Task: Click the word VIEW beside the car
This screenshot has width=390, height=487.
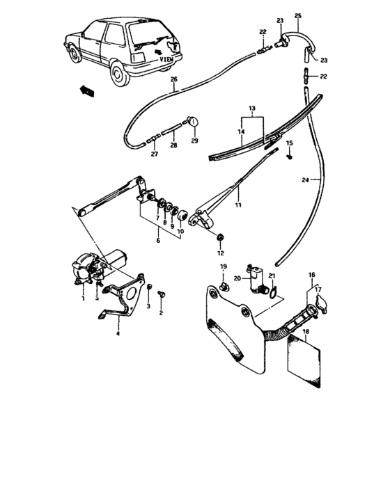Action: coord(166,60)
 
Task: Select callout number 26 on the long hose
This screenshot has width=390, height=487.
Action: coord(174,80)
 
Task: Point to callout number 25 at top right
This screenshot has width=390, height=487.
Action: coord(298,15)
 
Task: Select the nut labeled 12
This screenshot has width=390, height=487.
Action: coord(221,239)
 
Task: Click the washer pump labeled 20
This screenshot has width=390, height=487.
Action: coord(253,276)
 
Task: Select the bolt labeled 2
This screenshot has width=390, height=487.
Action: coord(162,295)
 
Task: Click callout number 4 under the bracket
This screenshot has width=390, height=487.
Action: coord(118,334)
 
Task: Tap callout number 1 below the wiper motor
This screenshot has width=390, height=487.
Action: coord(82,298)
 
